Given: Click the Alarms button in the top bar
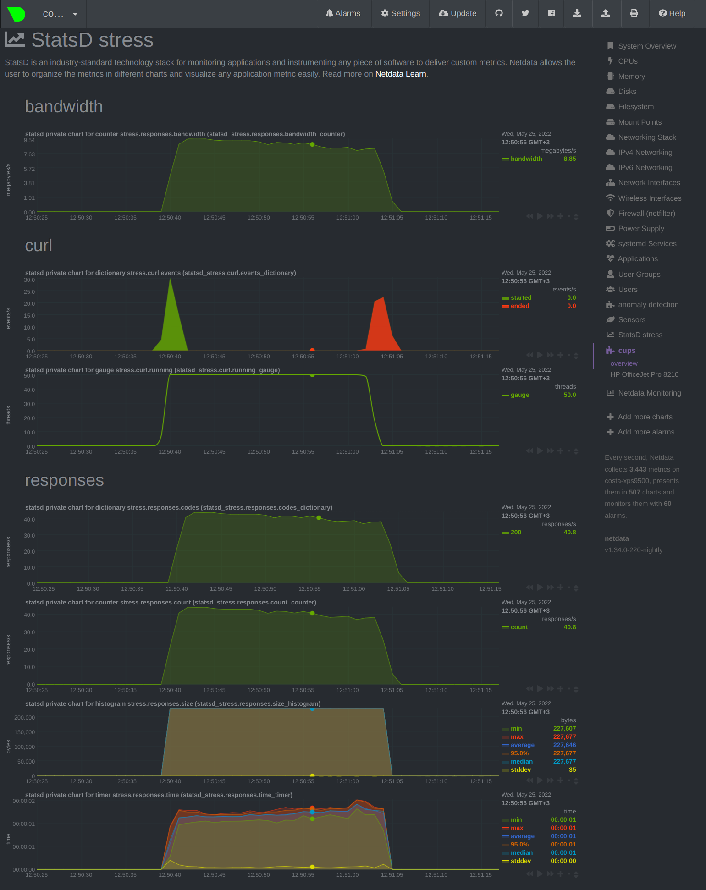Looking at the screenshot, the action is click(343, 13).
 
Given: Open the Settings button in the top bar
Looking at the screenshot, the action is click(400, 13).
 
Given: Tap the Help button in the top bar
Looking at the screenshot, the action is click(672, 13).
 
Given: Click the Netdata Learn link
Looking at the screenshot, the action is click(401, 74).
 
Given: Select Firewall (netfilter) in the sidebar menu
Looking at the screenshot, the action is click(646, 213).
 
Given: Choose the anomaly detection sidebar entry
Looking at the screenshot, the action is click(648, 304).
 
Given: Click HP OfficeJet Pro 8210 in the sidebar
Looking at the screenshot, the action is click(644, 374).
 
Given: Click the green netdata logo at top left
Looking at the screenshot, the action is click(17, 14).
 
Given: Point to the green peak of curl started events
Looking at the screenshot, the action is click(171, 279).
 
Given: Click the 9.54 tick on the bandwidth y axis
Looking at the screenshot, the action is click(29, 140).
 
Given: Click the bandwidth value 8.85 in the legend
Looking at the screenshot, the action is click(570, 159).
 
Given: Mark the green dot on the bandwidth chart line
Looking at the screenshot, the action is click(312, 144).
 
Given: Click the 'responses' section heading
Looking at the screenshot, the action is click(64, 480).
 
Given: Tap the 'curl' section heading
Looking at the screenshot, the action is click(39, 245).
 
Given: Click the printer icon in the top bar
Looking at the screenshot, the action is click(634, 13).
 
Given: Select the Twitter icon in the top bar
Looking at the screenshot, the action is click(525, 13).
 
